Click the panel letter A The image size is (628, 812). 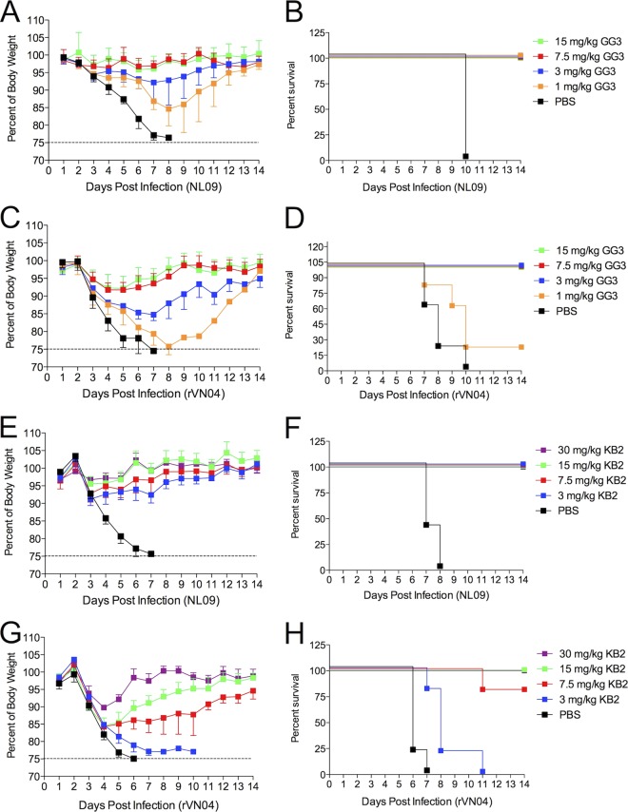(10, 12)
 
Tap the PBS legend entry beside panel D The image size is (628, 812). (556, 311)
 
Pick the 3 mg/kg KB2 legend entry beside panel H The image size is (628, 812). (578, 700)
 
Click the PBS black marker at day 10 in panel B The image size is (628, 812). (466, 156)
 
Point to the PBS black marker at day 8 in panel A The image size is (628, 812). (168, 138)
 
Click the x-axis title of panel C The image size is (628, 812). (153, 394)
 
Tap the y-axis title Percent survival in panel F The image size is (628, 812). (295, 504)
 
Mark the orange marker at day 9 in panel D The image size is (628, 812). (452, 305)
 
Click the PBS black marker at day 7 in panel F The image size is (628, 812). (426, 525)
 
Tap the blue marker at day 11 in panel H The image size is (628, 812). (482, 772)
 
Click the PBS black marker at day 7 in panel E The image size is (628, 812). (150, 553)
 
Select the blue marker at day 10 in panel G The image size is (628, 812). (193, 751)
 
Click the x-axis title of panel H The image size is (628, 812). (426, 802)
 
